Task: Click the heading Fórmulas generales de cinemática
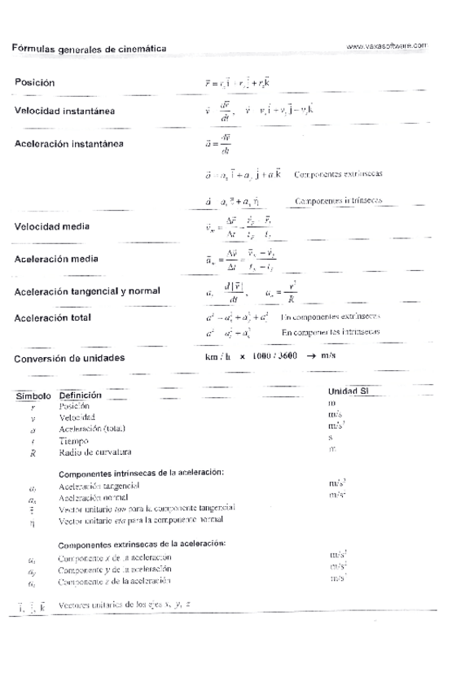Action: (90, 49)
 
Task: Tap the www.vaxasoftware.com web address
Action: (387, 46)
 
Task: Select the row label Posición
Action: (35, 82)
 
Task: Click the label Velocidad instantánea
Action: (64, 111)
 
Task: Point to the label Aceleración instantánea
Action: (69, 144)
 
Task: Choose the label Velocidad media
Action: (52, 226)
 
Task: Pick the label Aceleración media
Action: (56, 259)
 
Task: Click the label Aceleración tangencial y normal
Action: (87, 290)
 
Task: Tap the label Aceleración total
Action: (53, 317)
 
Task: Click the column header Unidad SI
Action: (349, 391)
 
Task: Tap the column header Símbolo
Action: (33, 395)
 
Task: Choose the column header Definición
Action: (81, 395)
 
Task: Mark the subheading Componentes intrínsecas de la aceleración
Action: (142, 473)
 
